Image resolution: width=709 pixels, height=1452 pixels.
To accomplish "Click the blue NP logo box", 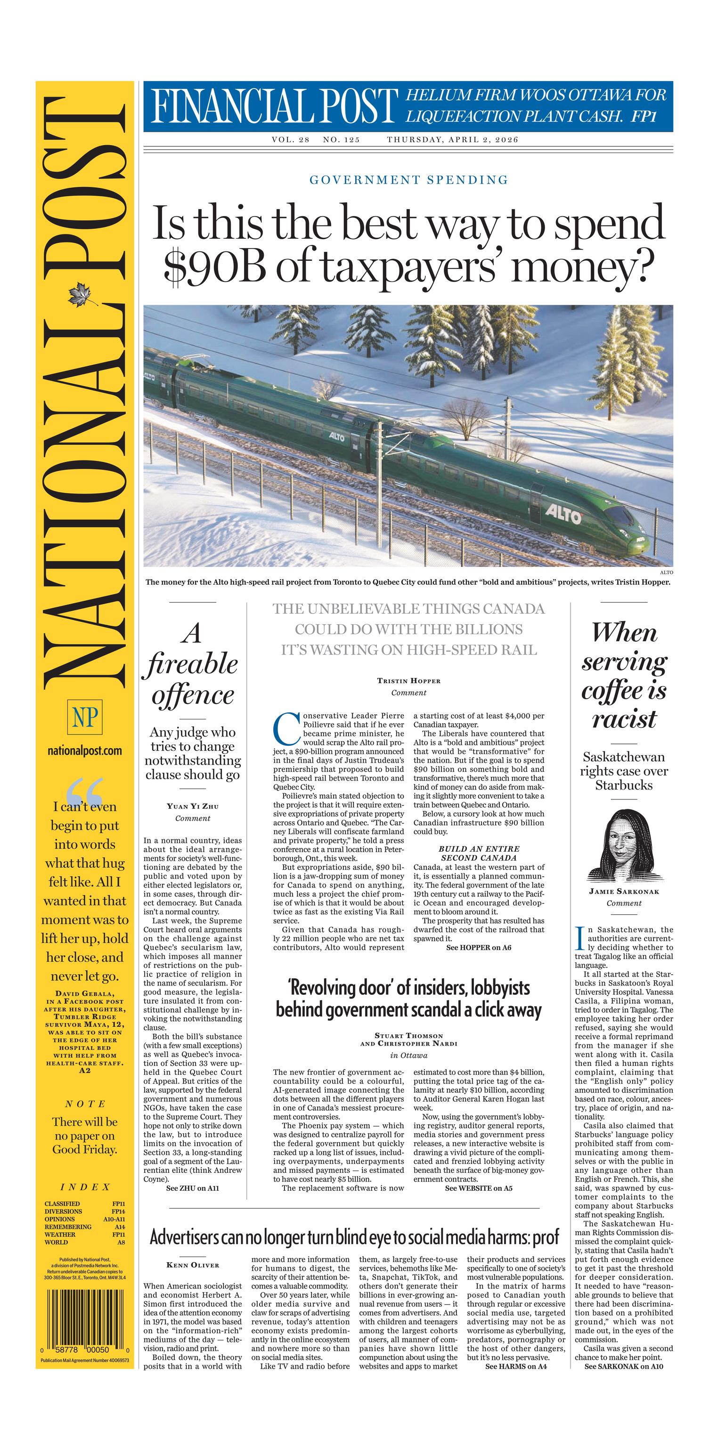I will pyautogui.click(x=85, y=718).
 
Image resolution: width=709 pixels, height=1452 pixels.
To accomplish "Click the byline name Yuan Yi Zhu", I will pyautogui.click(x=192, y=806).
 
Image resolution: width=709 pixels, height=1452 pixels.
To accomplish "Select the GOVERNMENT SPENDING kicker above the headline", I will pyautogui.click(x=408, y=180).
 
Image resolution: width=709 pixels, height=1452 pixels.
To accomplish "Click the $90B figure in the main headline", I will pyautogui.click(x=215, y=266).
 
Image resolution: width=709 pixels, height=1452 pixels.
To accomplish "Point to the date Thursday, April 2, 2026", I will pyautogui.click(x=452, y=139).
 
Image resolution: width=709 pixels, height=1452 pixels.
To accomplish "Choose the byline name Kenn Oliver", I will pyautogui.click(x=192, y=1265).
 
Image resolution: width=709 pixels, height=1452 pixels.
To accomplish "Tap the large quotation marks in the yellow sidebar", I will pyautogui.click(x=85, y=791).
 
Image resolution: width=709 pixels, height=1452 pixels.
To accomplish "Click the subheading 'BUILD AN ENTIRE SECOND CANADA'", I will pyautogui.click(x=479, y=853).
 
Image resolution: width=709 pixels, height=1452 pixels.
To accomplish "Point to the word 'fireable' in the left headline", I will pyautogui.click(x=192, y=664).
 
